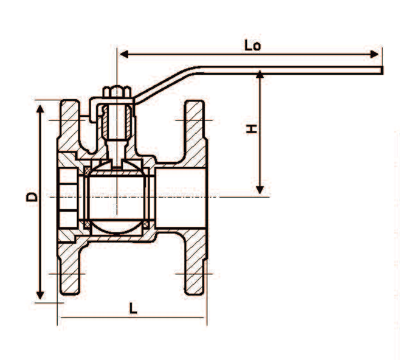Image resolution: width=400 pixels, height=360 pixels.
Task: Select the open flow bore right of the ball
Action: pos(182,198)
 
